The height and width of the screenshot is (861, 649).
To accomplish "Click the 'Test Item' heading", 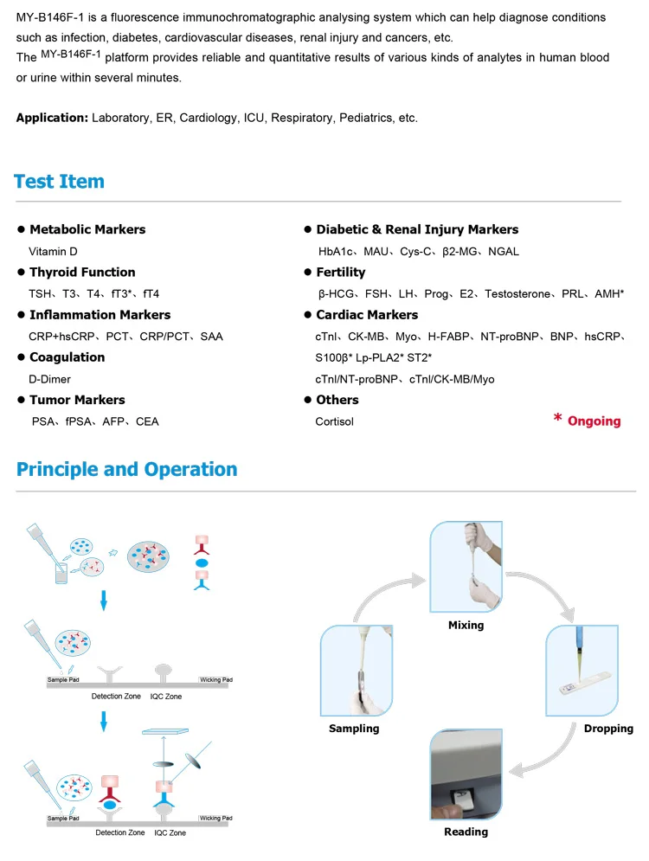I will tap(59, 182).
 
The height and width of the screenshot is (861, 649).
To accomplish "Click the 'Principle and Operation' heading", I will tap(126, 470).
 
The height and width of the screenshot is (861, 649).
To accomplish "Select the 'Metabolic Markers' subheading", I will tap(87, 229).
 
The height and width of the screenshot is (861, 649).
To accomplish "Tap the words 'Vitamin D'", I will tap(54, 252).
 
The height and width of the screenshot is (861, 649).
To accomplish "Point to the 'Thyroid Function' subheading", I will tap(82, 272).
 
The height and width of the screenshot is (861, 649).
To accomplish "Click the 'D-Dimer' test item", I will tap(50, 379).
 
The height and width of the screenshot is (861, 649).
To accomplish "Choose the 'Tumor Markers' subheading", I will tap(77, 400).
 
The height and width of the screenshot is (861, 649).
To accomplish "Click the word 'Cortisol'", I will tap(335, 421).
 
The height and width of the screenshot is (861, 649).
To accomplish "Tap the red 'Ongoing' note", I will tap(594, 421).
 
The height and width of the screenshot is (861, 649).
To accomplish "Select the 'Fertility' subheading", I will tap(341, 272).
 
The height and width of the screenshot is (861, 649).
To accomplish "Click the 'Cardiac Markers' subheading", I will tap(367, 315).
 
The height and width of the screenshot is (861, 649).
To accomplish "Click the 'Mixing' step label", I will tap(466, 625).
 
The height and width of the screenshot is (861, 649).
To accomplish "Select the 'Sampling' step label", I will tap(354, 729).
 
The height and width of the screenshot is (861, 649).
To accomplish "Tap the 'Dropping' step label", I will tap(608, 729).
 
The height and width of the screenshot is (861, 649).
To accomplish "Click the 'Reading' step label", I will tap(466, 832).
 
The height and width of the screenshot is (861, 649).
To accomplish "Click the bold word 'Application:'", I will tap(52, 118).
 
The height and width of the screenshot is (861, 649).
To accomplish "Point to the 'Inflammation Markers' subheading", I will tap(100, 315).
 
